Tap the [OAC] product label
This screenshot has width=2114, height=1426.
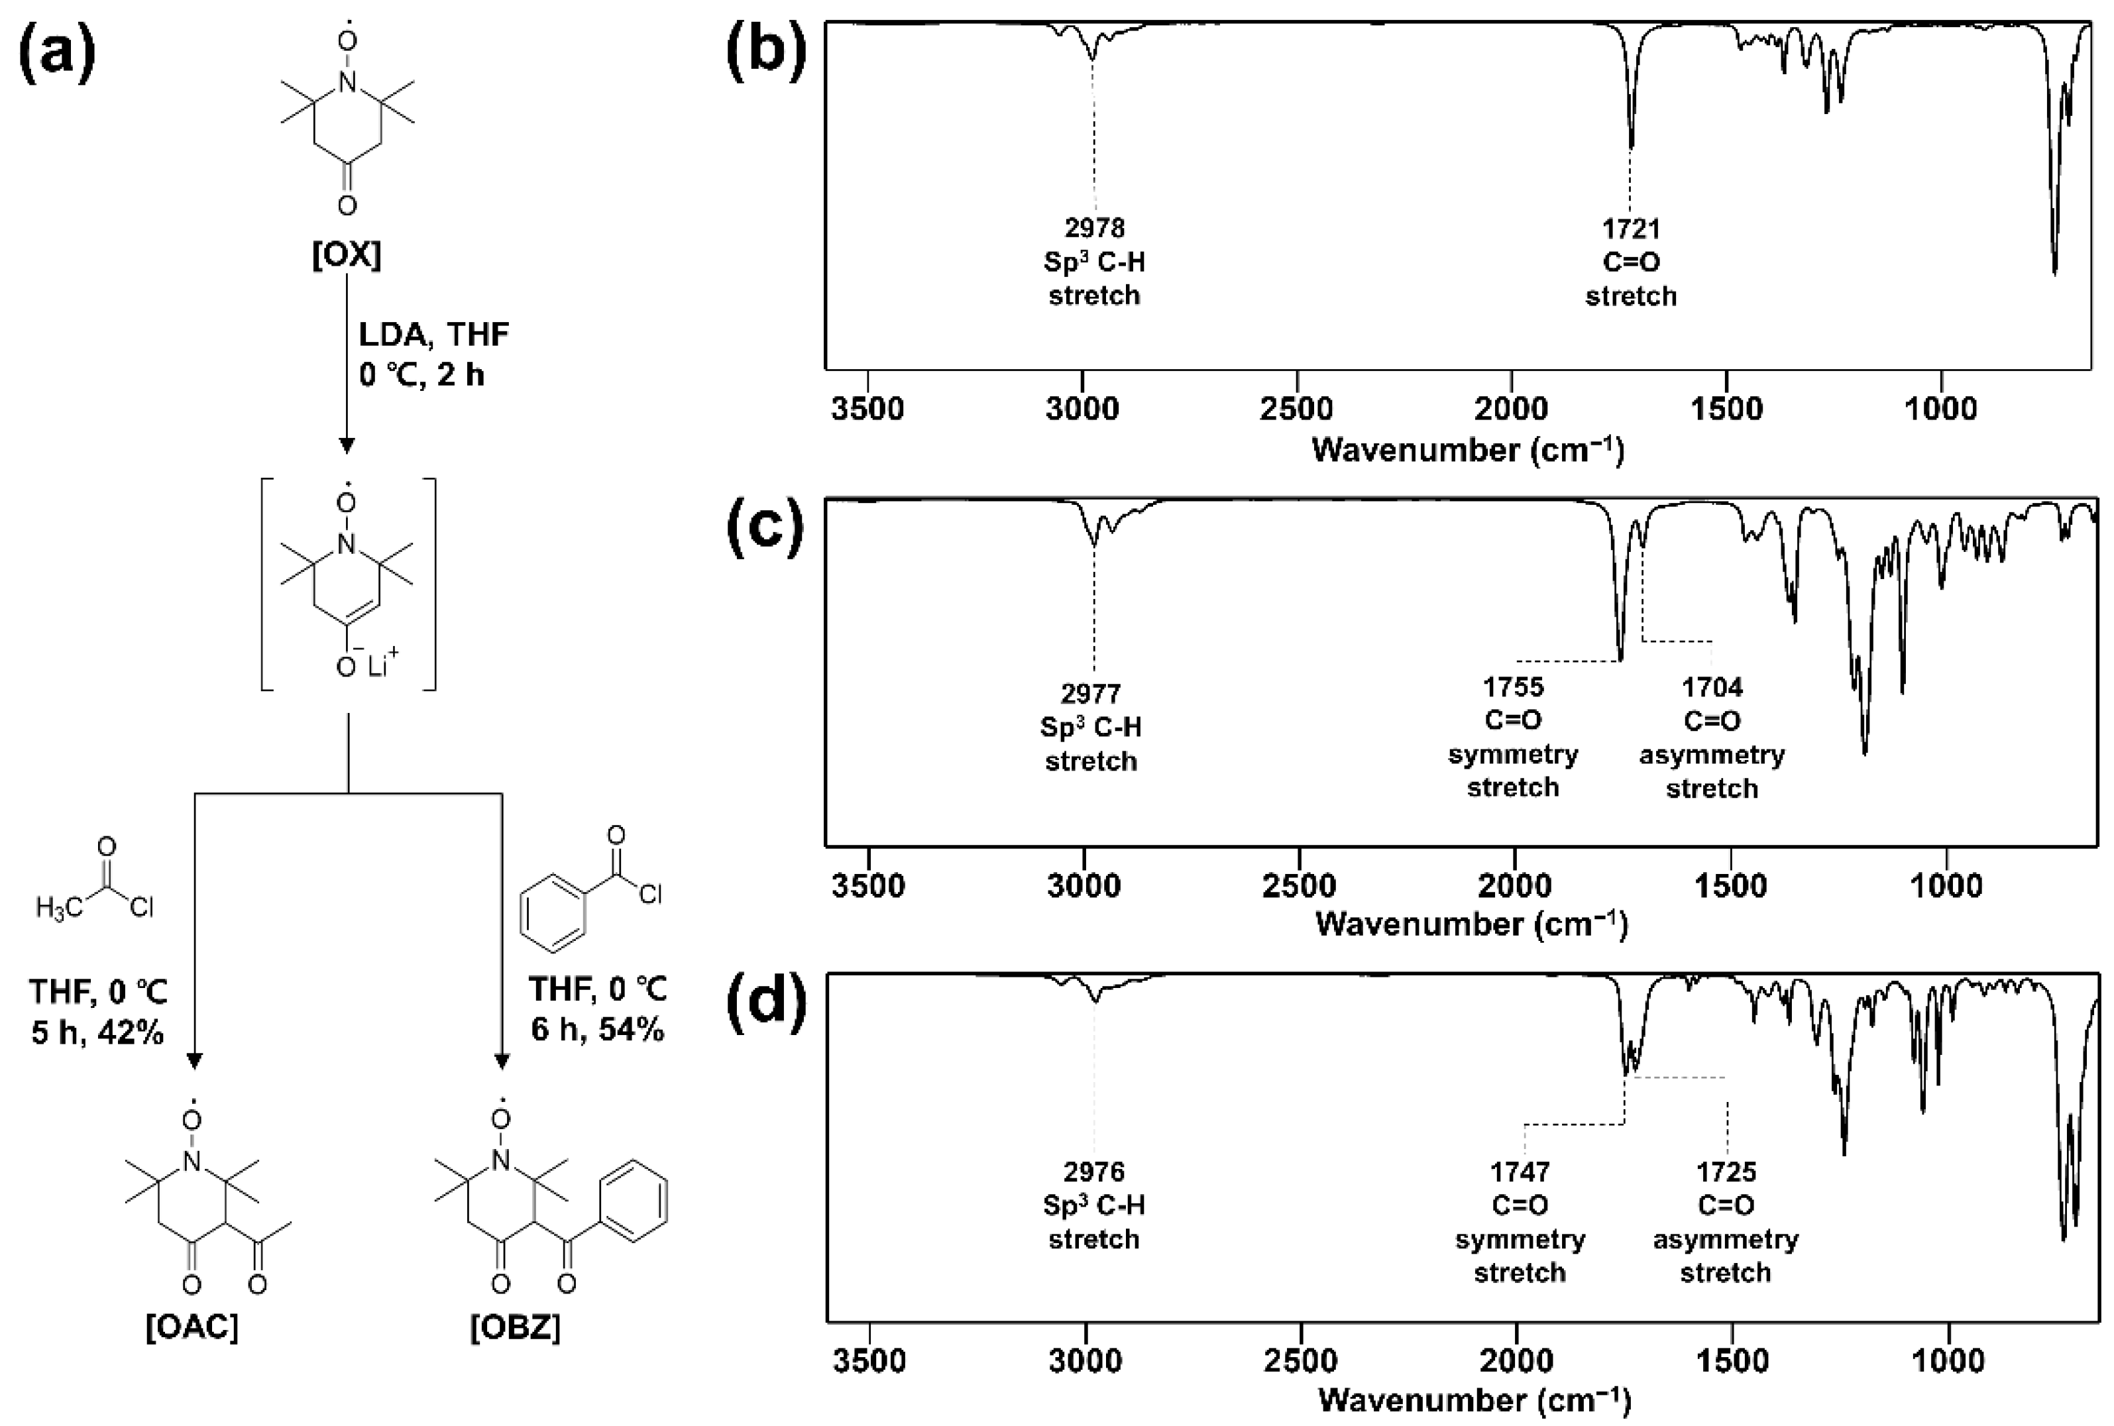point(192,1328)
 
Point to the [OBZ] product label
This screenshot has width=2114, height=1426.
point(515,1328)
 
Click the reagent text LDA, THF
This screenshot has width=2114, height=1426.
point(433,335)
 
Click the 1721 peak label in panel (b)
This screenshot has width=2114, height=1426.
point(1630,228)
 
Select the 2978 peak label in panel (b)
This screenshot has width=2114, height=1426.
point(1094,227)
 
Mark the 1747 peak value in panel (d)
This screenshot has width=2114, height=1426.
point(1520,1172)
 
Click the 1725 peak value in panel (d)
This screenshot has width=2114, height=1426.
point(1725,1172)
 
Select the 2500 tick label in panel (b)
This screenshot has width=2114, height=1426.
point(1297,408)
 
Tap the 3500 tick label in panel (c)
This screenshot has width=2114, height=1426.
point(868,885)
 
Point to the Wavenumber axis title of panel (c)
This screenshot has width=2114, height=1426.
point(1471,924)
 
